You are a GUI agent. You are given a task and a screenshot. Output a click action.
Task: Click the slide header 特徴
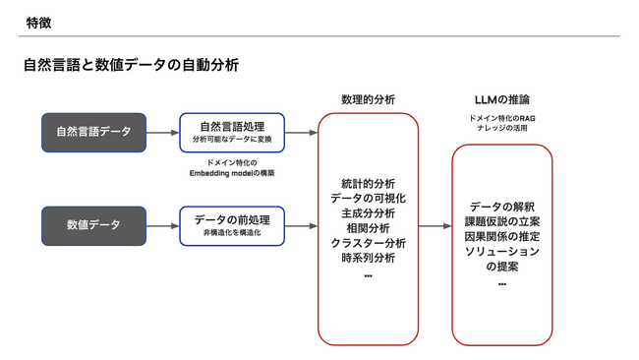(x=39, y=22)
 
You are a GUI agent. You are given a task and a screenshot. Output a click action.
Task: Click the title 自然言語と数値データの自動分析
(x=131, y=66)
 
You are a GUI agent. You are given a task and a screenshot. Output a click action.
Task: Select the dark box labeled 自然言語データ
(x=93, y=132)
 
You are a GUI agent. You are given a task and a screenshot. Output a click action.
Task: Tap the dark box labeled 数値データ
(x=93, y=225)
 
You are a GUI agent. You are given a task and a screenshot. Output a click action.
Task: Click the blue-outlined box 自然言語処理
(x=232, y=132)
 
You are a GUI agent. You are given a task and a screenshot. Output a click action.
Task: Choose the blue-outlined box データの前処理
(x=232, y=225)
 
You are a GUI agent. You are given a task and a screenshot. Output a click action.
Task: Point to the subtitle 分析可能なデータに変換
(x=232, y=140)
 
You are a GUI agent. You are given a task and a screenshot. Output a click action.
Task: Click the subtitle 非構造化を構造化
(x=232, y=234)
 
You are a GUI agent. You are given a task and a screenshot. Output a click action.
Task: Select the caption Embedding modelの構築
(x=232, y=173)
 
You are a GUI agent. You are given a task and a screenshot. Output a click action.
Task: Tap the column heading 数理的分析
(x=368, y=99)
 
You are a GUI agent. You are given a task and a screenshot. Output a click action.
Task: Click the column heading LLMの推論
(x=501, y=99)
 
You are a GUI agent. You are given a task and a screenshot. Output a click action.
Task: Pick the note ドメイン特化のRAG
(x=501, y=118)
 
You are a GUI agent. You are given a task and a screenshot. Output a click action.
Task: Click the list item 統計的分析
(x=368, y=184)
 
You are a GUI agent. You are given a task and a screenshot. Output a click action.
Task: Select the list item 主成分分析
(x=368, y=213)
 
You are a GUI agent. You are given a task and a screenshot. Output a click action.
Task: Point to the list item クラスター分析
(x=368, y=243)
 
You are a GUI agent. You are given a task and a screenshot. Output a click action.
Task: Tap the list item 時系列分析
(x=368, y=258)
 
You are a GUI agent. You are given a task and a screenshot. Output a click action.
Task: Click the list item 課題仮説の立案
(x=501, y=222)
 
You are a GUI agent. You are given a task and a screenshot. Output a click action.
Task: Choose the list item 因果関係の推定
(x=501, y=237)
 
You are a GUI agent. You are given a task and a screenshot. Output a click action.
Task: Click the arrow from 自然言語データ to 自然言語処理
(x=162, y=132)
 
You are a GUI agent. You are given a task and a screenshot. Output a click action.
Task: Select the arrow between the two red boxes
(x=435, y=226)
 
